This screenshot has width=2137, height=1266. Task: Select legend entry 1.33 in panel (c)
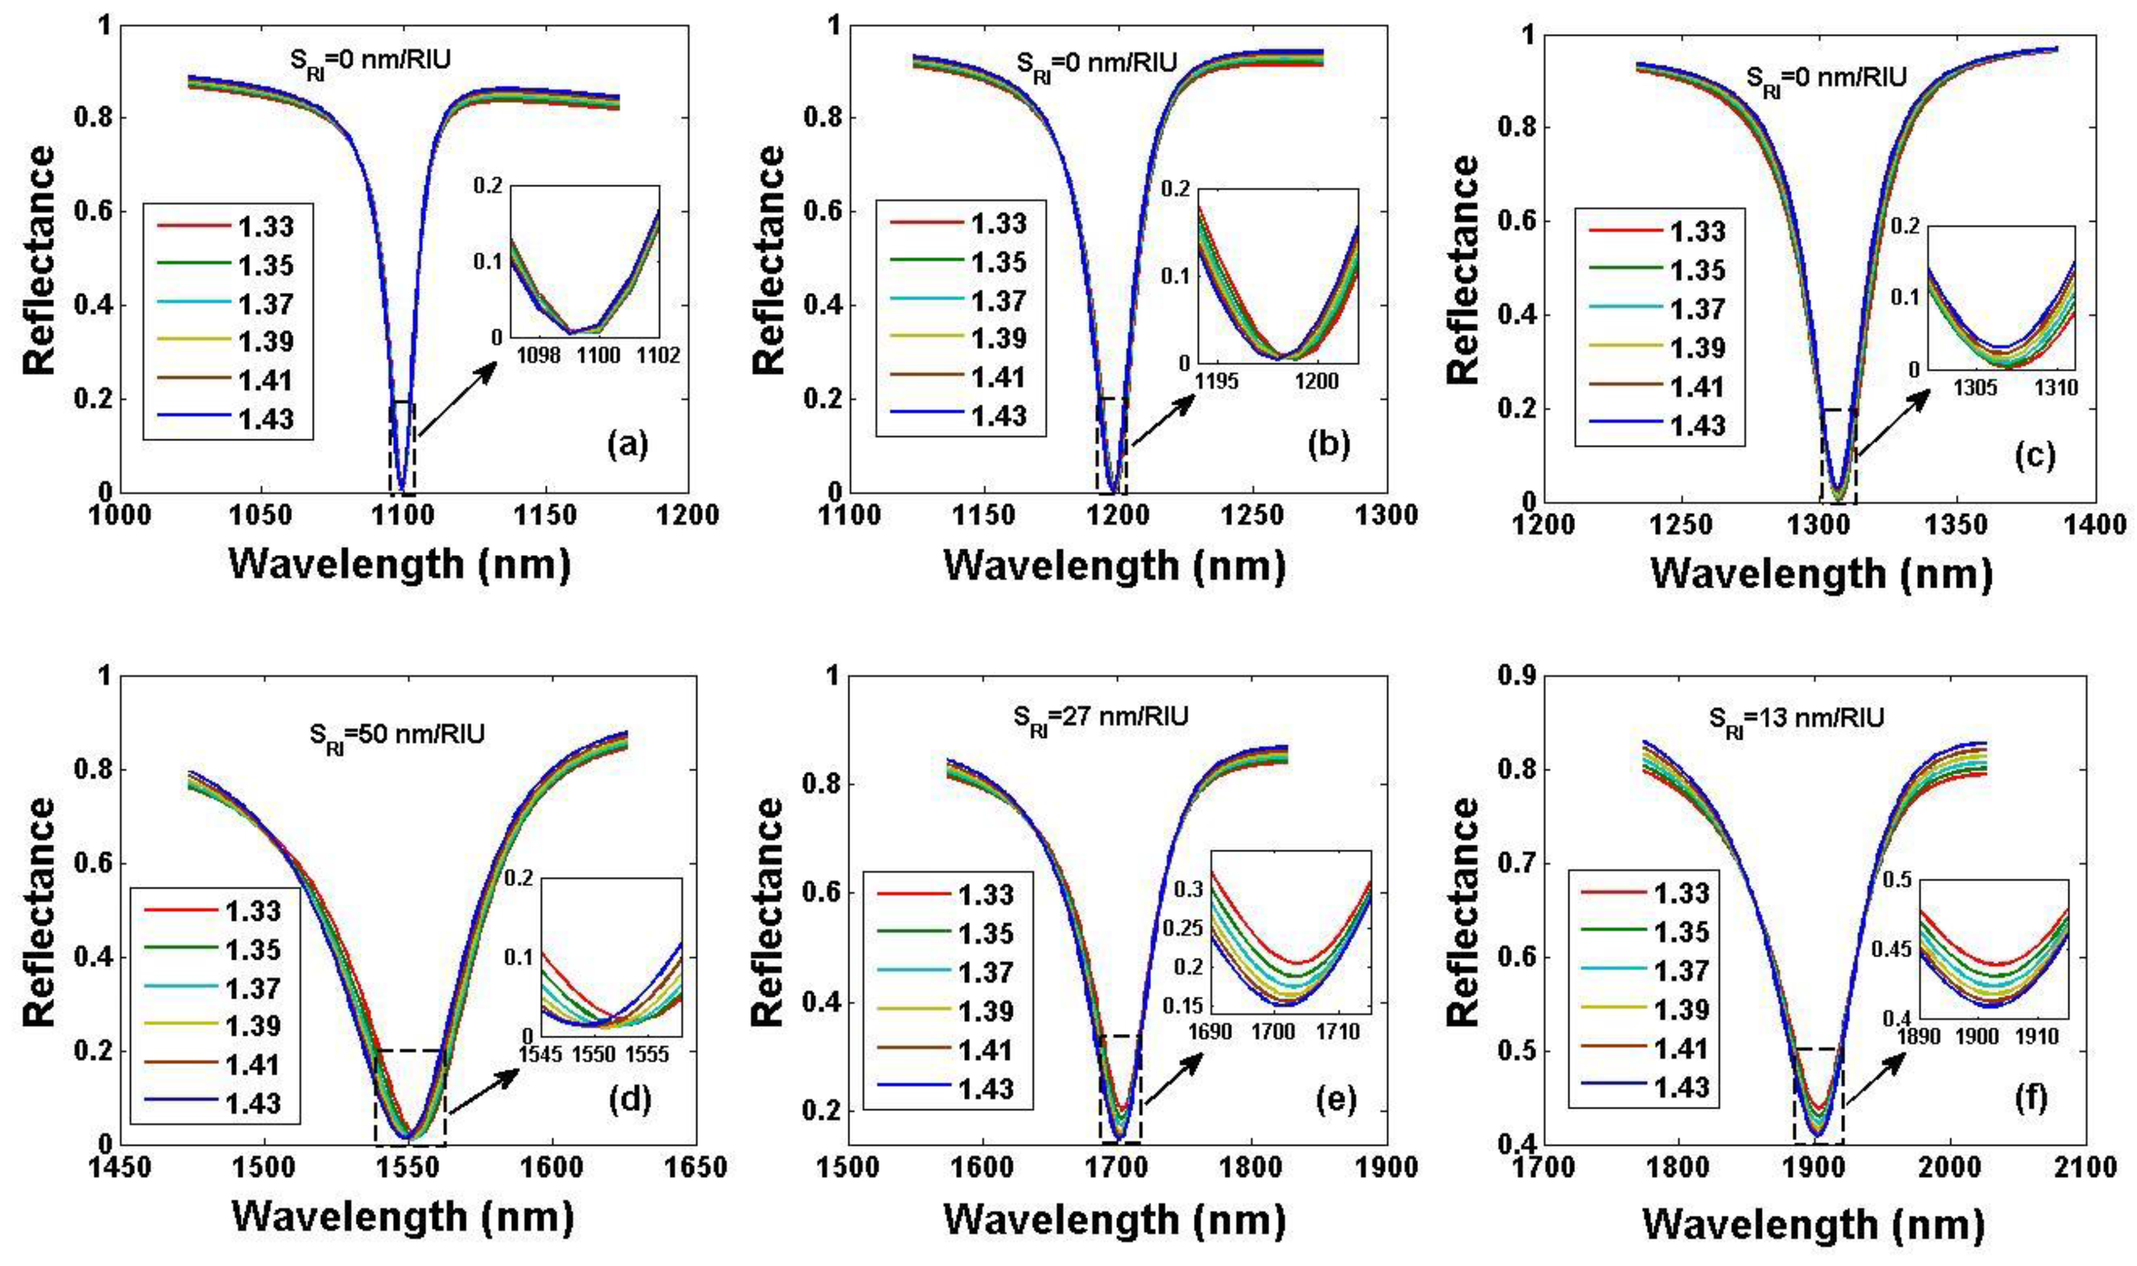(x=1698, y=231)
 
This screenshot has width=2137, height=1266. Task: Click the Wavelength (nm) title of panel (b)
(x=1114, y=565)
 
